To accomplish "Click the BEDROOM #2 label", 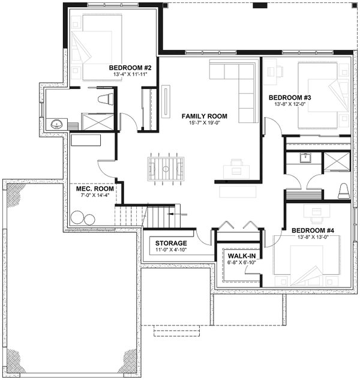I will (x=130, y=68).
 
